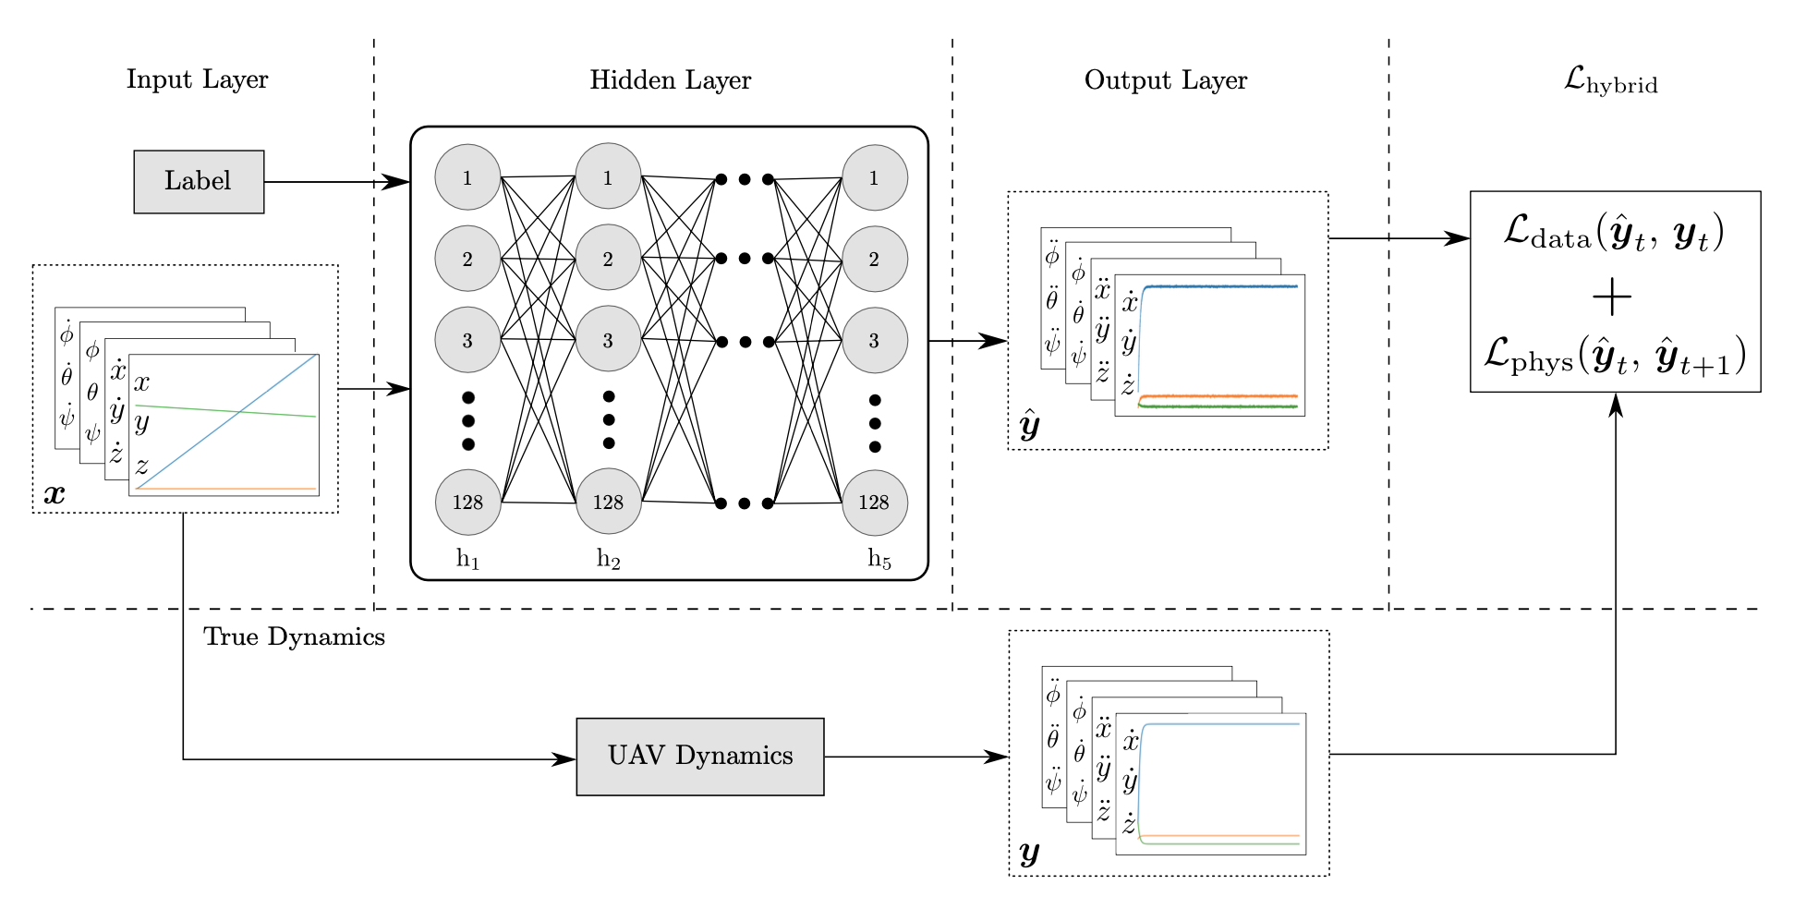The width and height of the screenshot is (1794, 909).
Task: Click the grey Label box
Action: [x=199, y=182]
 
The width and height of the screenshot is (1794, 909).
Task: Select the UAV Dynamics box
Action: [x=700, y=757]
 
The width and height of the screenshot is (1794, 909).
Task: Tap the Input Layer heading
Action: [x=197, y=79]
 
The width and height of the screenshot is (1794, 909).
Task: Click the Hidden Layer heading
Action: [x=671, y=80]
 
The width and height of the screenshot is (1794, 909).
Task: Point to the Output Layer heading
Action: [x=1166, y=80]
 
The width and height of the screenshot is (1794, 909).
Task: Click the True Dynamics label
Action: [x=294, y=636]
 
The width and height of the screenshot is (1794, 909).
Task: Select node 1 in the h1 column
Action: [x=467, y=177]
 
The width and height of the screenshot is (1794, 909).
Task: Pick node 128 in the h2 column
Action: [x=608, y=502]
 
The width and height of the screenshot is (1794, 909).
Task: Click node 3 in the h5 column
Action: [x=874, y=340]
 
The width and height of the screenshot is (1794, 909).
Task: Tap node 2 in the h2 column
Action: [x=608, y=259]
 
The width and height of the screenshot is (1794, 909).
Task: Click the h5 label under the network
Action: [x=879, y=559]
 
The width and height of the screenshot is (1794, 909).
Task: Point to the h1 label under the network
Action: [x=467, y=559]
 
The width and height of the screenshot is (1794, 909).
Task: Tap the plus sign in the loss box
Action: [x=1613, y=297]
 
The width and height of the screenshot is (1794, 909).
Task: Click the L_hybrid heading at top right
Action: [x=1610, y=81]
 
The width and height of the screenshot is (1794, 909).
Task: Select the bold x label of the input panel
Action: [x=55, y=493]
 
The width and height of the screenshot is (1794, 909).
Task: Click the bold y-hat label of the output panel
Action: [x=1029, y=426]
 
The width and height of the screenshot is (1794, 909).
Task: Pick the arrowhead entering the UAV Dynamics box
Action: [x=564, y=759]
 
